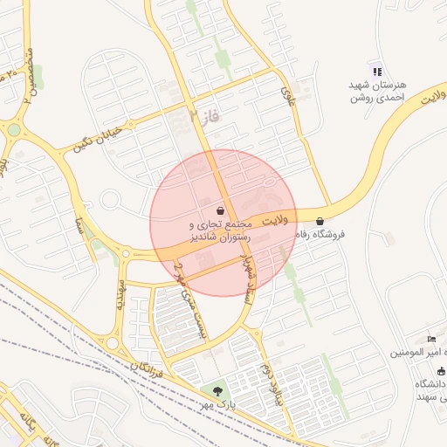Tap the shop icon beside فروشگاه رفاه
click(320, 221)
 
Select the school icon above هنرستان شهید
click(375, 71)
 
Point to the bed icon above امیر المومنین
click(431, 338)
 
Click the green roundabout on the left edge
click(14, 130)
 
